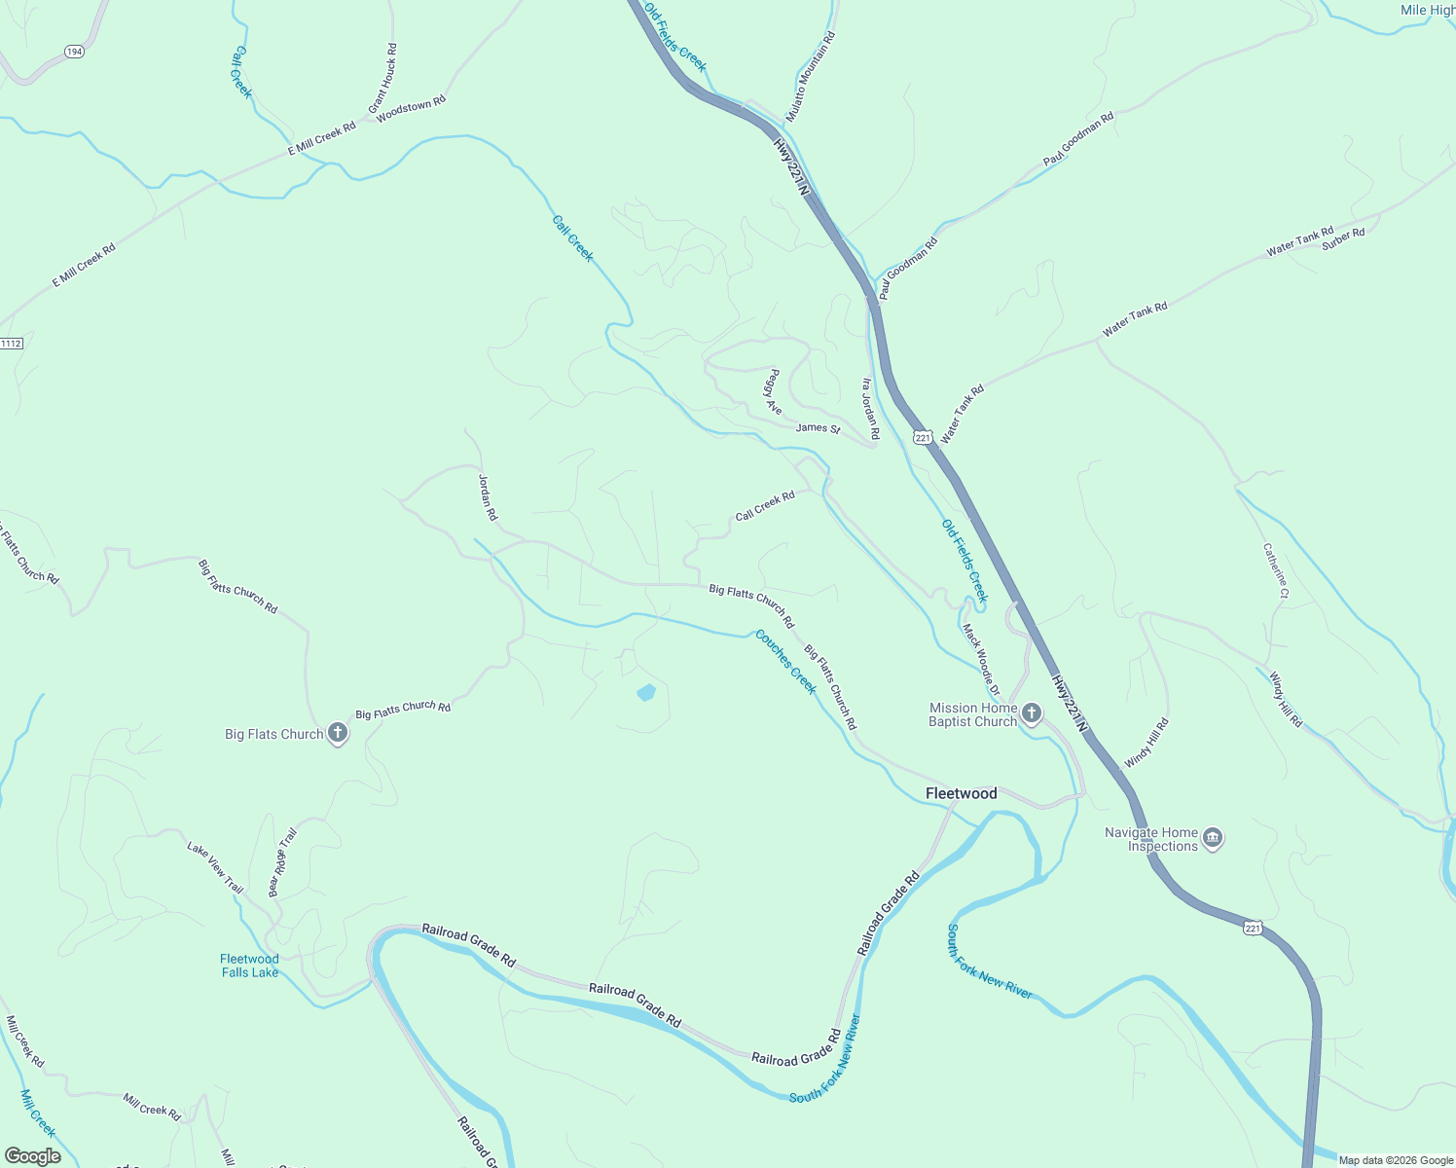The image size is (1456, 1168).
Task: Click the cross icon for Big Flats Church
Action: [338, 734]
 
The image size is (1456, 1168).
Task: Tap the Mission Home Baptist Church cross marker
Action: [1031, 715]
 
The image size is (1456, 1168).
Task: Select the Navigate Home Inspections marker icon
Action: [1213, 838]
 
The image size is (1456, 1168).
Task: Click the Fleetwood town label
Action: [961, 793]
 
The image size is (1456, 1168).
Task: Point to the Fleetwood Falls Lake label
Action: [249, 966]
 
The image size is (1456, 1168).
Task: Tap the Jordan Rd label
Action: [488, 496]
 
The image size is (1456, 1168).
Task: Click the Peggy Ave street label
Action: [774, 391]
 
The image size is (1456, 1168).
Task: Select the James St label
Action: [818, 427]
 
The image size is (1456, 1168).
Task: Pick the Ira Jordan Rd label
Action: [870, 409]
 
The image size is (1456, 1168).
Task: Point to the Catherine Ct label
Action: [1276, 570]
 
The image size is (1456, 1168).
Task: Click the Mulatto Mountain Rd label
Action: [811, 77]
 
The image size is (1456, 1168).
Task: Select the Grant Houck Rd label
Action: [382, 78]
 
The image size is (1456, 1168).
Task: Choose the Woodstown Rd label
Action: [411, 107]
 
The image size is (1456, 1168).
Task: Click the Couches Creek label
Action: [785, 662]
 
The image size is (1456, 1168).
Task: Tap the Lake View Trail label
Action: [215, 867]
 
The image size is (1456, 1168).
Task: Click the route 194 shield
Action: [74, 51]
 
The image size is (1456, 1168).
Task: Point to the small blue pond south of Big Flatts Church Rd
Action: [645, 693]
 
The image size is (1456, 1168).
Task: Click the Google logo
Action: [33, 1156]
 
